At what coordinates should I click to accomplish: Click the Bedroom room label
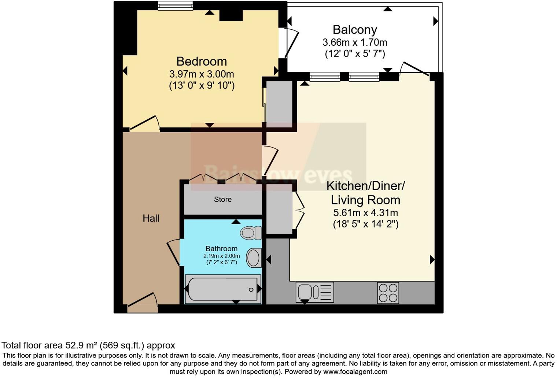[202, 62]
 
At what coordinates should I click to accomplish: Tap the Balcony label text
[355, 30]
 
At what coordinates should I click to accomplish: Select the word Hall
[151, 218]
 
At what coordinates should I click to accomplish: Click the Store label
[223, 199]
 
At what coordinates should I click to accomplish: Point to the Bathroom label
[221, 249]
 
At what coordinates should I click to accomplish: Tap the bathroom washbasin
[254, 258]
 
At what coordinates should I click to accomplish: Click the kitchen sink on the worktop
[315, 292]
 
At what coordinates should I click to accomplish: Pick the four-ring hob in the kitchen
[388, 293]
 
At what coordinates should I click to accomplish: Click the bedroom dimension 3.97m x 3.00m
[202, 74]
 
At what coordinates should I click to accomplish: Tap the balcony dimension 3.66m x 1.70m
[355, 42]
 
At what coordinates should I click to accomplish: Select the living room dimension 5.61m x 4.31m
[366, 213]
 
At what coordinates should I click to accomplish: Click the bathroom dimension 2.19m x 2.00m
[221, 256]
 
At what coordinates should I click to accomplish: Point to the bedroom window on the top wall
[176, 6]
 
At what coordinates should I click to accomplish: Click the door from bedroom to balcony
[291, 42]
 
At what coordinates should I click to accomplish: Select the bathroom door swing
[173, 252]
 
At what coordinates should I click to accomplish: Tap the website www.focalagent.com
[355, 371]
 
